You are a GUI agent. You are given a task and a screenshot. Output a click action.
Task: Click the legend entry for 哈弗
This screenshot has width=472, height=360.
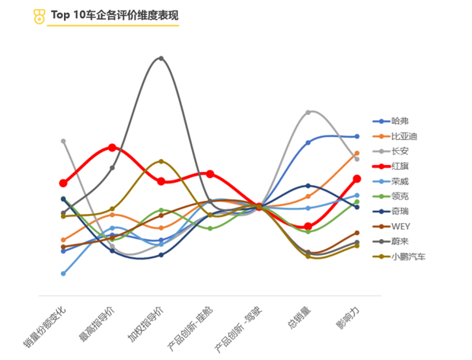pos(400,121)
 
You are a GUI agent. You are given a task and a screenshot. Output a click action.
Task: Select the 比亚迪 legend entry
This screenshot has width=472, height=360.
pos(403,136)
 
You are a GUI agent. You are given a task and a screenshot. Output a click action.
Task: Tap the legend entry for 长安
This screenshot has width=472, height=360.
pos(400,151)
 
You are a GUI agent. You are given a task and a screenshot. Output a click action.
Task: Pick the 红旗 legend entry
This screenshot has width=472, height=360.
pos(400,166)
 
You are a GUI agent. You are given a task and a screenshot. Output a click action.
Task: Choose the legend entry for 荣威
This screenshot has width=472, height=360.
pos(400,181)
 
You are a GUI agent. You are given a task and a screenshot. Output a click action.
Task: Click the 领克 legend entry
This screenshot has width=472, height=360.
pos(400,196)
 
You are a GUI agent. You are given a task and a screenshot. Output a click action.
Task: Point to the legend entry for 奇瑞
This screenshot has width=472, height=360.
pos(400,211)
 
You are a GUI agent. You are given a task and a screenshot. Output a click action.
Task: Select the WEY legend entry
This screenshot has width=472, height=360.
pos(401,226)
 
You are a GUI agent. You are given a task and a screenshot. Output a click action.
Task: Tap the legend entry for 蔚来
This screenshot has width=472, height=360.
pos(400,241)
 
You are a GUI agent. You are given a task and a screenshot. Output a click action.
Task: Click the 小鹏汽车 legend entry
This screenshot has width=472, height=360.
pos(407,256)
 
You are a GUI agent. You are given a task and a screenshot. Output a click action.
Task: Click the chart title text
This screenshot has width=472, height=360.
pos(114,14)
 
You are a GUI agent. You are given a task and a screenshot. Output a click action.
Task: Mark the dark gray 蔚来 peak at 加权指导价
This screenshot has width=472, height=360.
pos(161,58)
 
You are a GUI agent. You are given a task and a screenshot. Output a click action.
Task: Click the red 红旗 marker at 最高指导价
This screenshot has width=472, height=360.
pos(112,148)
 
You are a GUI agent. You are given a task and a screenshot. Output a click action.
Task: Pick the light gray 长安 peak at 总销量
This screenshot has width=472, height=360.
pos(308,112)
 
